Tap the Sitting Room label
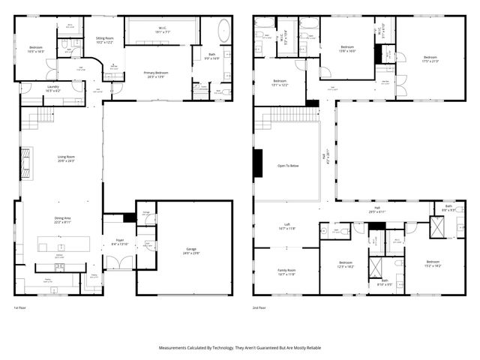(104, 40)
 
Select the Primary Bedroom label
(155, 74)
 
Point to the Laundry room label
(52, 88)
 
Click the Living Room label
(67, 158)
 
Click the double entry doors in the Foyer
(118, 263)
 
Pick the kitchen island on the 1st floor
(64, 244)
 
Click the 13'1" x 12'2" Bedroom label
(280, 82)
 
